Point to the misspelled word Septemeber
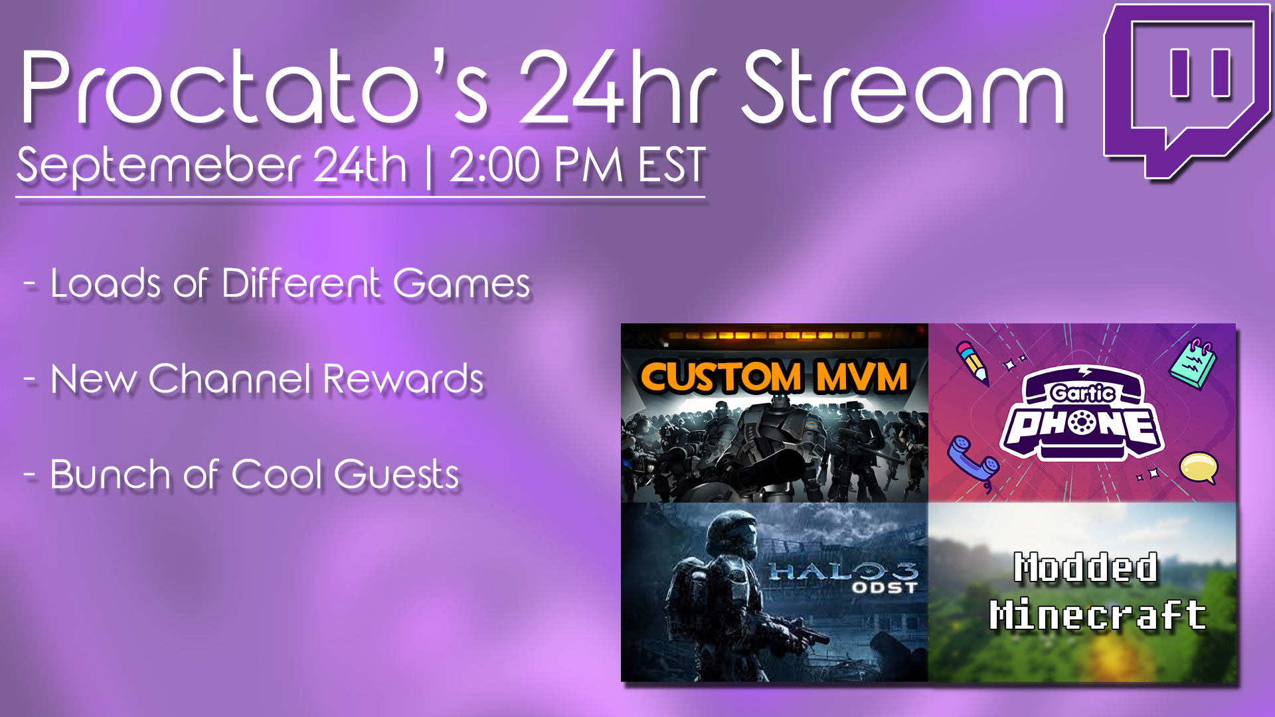click(159, 166)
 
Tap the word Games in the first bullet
click(462, 284)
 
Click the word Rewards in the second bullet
click(404, 379)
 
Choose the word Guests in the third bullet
click(396, 475)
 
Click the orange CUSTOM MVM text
click(774, 377)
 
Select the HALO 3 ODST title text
click(843, 578)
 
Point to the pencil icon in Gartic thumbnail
click(973, 362)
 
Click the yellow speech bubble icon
click(1199, 467)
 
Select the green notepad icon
click(1194, 364)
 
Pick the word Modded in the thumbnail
click(1086, 568)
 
